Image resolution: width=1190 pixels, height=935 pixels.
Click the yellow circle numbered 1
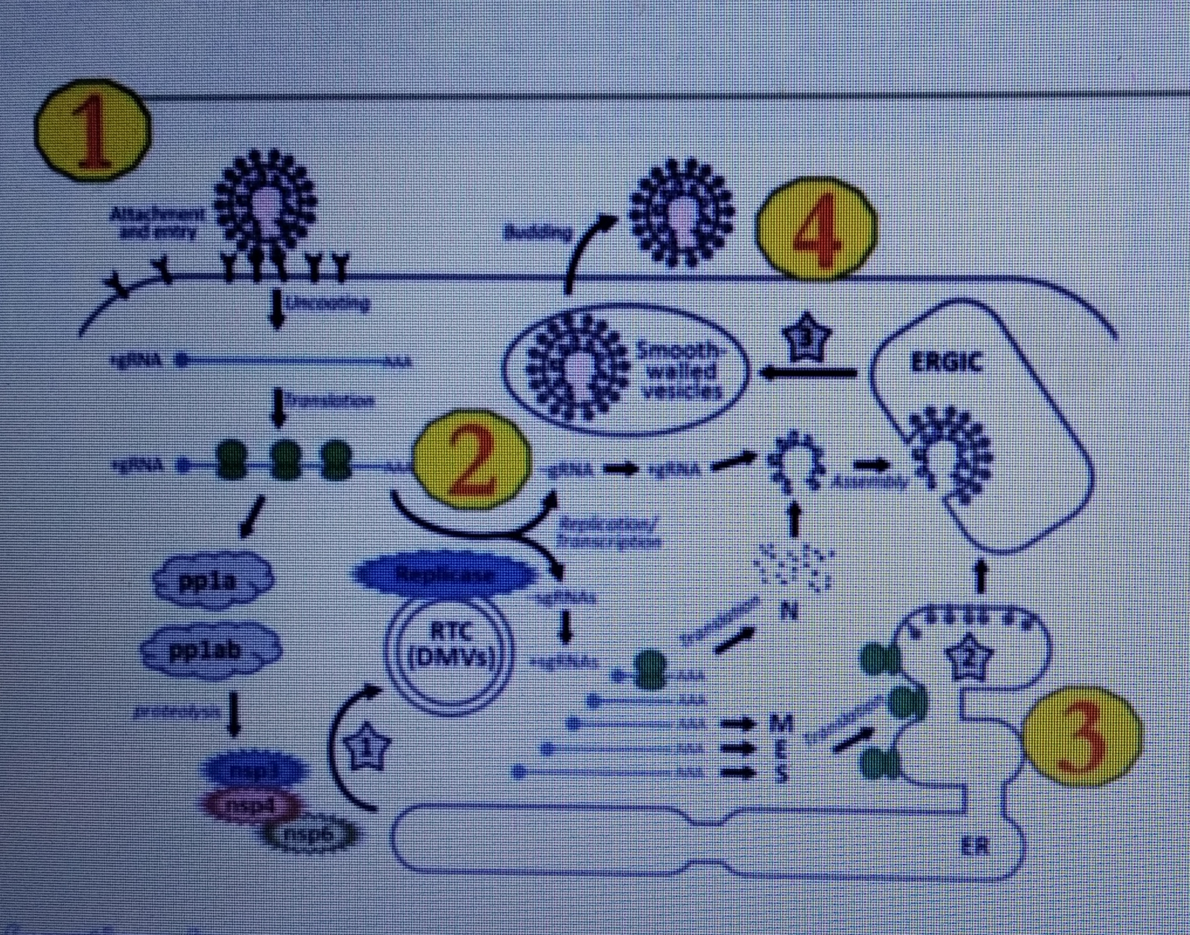pyautogui.click(x=93, y=130)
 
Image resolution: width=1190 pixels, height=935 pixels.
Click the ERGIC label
pyautogui.click(x=946, y=363)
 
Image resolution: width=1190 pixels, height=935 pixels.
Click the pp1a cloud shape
pyautogui.click(x=213, y=580)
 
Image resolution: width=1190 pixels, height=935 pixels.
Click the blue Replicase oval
pyautogui.click(x=445, y=574)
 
